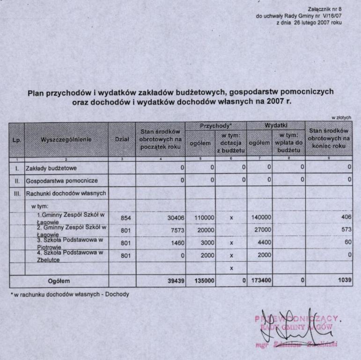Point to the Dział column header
click(122, 139)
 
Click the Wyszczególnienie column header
click(66, 139)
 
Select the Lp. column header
click(16, 139)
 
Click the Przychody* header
click(216, 126)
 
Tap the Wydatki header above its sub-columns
click(276, 126)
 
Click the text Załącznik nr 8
click(325, 9)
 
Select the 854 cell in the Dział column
click(125, 217)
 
